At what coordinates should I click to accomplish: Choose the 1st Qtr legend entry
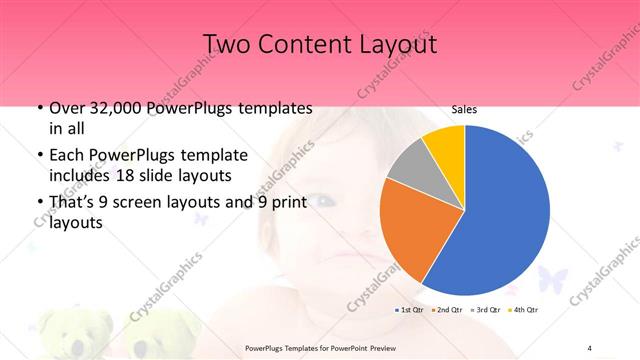(x=410, y=311)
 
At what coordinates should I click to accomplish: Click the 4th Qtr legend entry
(x=525, y=311)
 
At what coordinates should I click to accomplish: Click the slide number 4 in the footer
(x=589, y=347)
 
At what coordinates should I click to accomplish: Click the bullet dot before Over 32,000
(x=38, y=108)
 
